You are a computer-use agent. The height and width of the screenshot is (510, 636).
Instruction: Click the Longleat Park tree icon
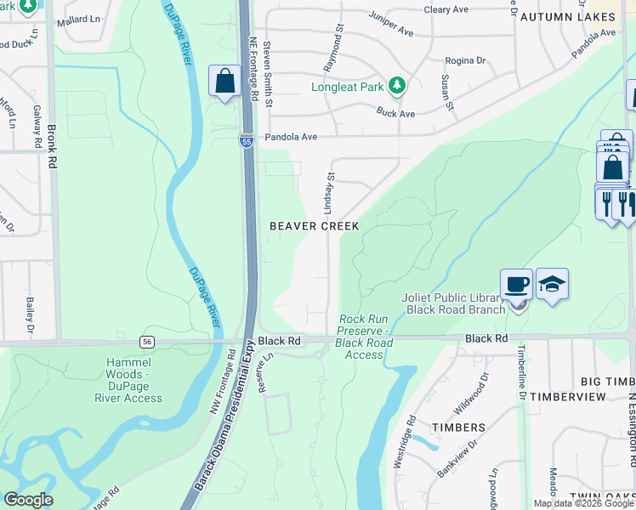395,84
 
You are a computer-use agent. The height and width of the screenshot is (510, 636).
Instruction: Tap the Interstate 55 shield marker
246,142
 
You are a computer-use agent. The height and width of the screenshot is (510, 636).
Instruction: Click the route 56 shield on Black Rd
148,340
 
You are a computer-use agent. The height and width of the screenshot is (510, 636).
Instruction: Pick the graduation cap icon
552,285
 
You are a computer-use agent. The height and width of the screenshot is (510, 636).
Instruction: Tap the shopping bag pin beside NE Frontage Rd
224,82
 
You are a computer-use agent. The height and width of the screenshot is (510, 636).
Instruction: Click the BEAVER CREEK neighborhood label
314,226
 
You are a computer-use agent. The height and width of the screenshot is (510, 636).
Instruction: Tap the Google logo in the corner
28,500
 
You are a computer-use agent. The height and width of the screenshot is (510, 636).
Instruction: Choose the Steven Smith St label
268,75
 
